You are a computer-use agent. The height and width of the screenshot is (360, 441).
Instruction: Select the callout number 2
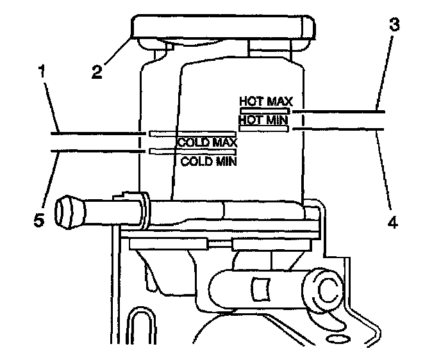pos(97,70)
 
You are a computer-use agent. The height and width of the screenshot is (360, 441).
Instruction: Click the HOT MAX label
pos(265,101)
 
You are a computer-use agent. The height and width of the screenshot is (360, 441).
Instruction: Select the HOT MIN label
pos(263,119)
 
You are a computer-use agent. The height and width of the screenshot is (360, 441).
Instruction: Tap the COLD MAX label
pos(206,143)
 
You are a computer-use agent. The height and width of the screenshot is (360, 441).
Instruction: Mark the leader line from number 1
pos(96,133)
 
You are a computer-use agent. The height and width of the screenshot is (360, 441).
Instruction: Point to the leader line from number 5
pos(96,151)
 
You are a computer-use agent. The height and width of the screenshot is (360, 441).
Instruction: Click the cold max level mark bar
pos(192,134)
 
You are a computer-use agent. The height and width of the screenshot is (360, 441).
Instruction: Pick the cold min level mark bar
pos(192,151)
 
